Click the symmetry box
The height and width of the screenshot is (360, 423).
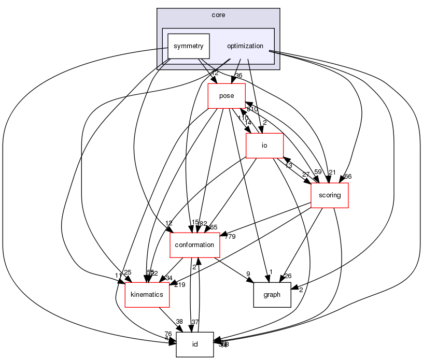tap(188, 46)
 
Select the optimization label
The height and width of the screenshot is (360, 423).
tap(245, 46)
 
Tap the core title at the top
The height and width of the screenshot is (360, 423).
tap(218, 15)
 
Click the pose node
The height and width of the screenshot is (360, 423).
tap(227, 96)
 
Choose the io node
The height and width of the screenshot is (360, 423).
tap(264, 146)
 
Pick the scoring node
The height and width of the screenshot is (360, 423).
tap(329, 195)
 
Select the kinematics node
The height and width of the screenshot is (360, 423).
tap(148, 295)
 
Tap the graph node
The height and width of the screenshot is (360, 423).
tap(272, 295)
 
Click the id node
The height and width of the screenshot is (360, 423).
tap(195, 344)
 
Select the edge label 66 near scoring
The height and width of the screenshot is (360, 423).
tap(348, 177)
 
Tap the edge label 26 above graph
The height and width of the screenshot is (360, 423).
tap(288, 276)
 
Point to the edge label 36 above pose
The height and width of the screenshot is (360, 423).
tap(239, 76)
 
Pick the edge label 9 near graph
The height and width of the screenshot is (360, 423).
tap(248, 275)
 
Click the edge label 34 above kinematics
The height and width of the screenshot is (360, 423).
tap(168, 278)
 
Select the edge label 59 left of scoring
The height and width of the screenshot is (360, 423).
tap(318, 171)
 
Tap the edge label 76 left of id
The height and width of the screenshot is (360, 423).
tap(168, 334)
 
